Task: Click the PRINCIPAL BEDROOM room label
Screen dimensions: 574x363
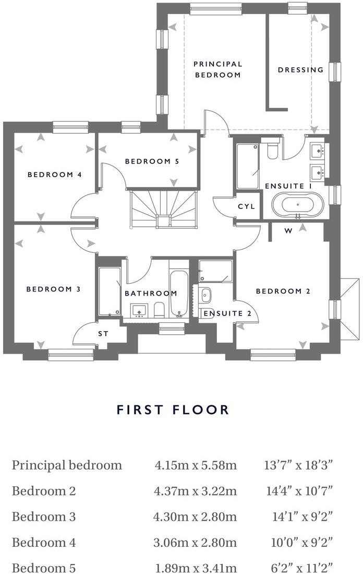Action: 217,69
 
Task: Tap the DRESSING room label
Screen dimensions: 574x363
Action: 300,69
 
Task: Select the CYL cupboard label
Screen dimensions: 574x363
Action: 246,206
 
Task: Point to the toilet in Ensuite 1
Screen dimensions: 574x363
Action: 272,149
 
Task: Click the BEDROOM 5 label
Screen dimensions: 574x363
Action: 152,161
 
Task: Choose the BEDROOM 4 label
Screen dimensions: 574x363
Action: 54,174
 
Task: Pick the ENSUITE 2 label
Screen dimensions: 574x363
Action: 227,313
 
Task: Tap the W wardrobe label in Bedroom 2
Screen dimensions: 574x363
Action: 288,230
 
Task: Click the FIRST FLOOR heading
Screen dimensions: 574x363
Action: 173,409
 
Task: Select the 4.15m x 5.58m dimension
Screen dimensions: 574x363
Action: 196,465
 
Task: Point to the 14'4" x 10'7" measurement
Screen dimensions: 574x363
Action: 299,491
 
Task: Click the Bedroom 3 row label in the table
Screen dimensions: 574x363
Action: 44,517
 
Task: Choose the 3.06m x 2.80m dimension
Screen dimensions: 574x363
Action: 196,543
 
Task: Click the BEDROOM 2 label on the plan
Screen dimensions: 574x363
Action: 283,291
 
